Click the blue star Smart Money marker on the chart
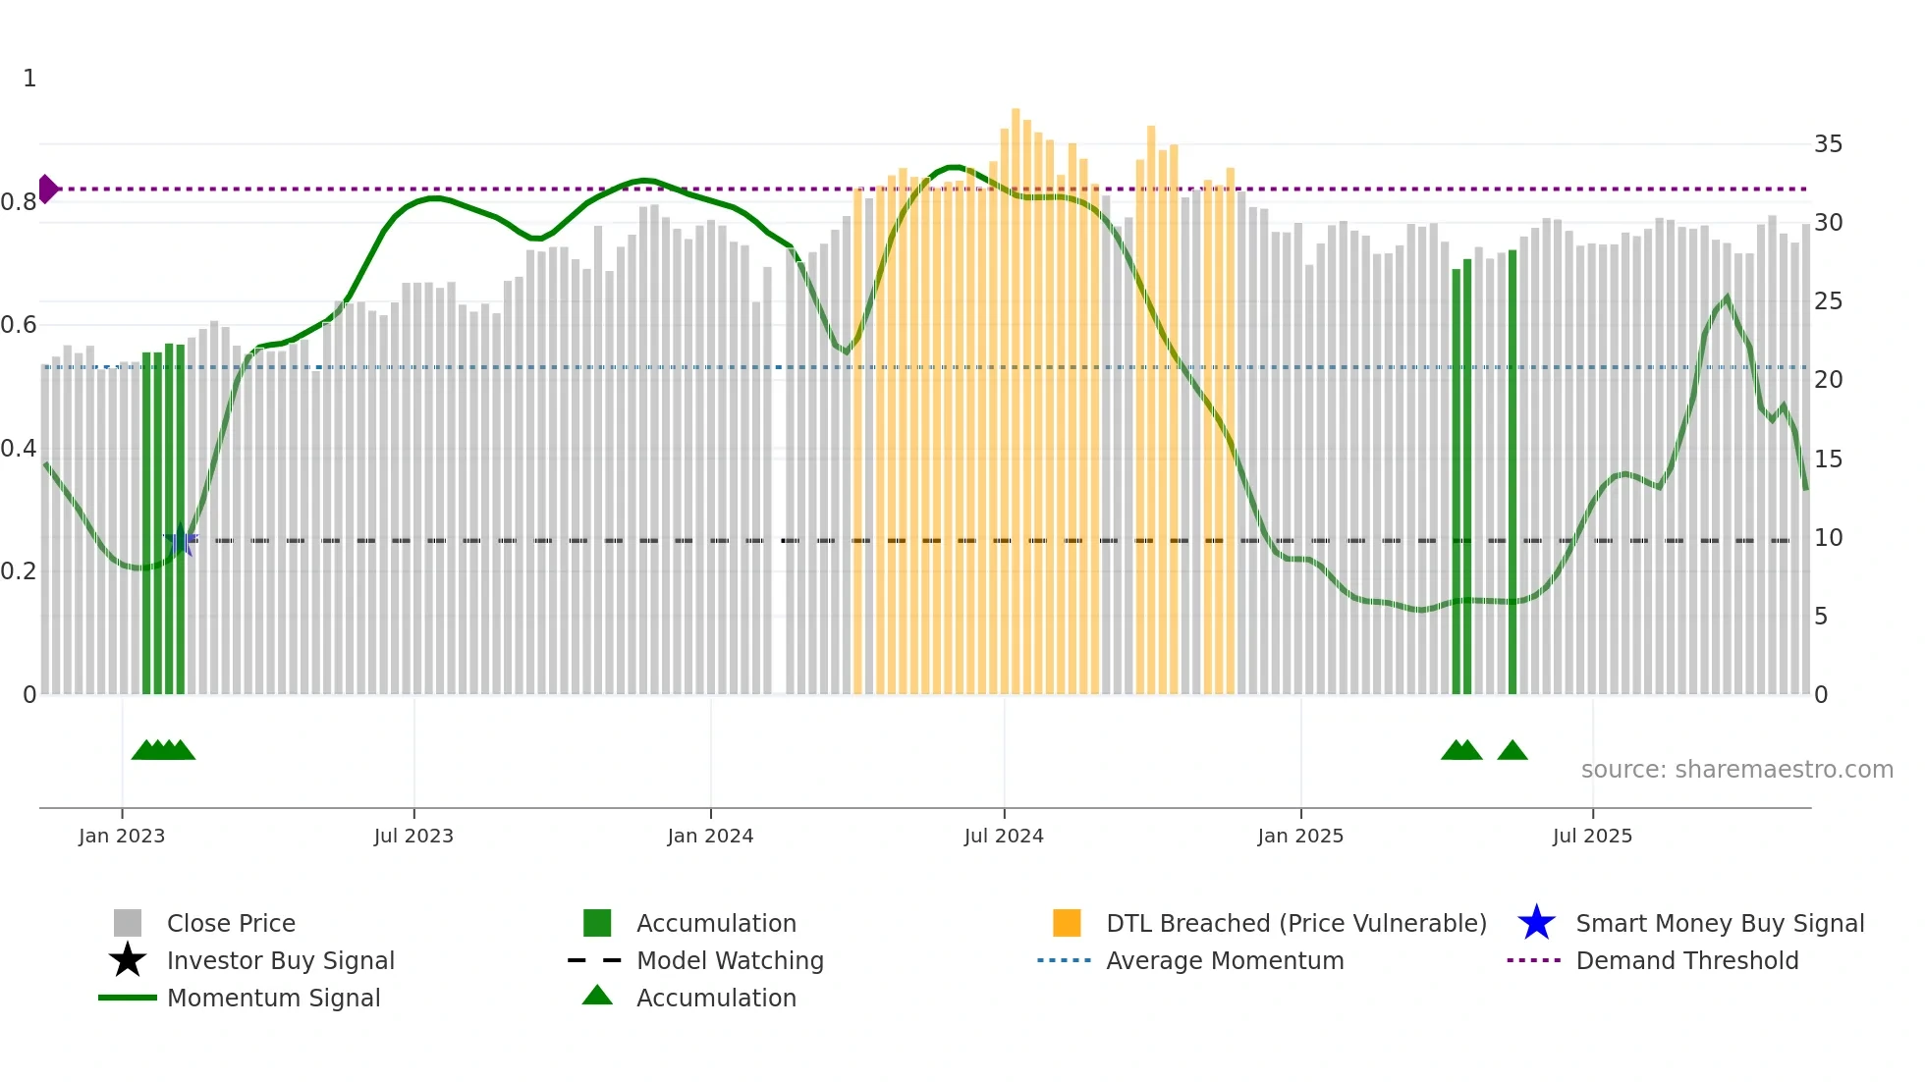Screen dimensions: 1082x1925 [181, 540]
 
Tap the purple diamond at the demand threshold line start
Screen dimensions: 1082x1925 [47, 189]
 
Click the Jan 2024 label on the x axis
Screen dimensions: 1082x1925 [710, 836]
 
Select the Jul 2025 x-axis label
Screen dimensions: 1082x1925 [1592, 836]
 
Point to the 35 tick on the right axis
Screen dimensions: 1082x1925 [1828, 144]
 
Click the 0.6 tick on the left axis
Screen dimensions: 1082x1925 [19, 325]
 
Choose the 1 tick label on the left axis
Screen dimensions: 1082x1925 [29, 79]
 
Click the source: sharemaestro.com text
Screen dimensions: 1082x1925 [1736, 769]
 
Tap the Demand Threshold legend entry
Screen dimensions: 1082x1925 [1686, 960]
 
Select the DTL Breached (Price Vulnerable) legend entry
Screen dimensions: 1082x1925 [1295, 923]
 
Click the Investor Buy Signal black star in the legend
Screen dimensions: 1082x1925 [128, 960]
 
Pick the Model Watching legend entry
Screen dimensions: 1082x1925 [730, 960]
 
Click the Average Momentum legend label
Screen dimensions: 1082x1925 [1225, 960]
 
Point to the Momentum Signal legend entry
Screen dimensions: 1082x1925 [273, 998]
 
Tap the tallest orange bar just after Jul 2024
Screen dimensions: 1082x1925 [1016, 393]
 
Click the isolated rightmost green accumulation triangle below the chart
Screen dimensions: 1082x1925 [1512, 751]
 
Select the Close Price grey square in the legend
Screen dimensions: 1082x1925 [128, 923]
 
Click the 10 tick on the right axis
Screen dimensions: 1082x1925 [1828, 538]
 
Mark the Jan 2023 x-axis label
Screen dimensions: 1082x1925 [122, 836]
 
